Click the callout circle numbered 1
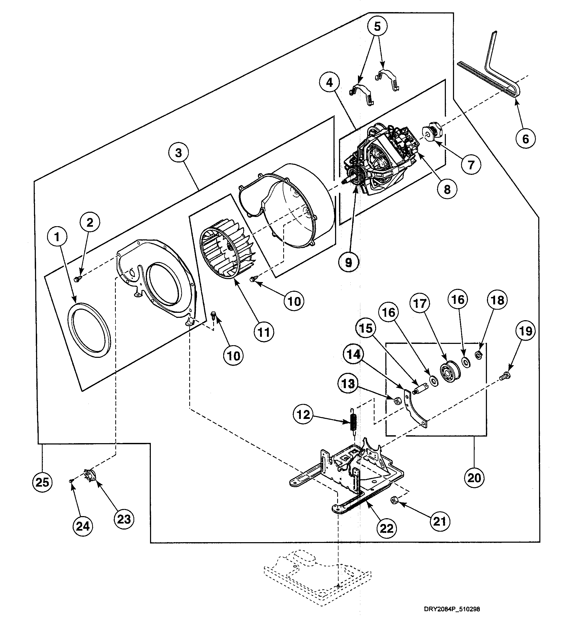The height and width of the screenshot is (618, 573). (57, 237)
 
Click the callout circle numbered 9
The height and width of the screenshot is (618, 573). (348, 263)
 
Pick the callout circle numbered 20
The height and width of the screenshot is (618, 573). (474, 478)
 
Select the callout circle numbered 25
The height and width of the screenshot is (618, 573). (42, 482)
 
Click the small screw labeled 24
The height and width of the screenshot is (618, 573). (71, 481)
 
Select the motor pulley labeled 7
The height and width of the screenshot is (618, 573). (432, 133)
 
